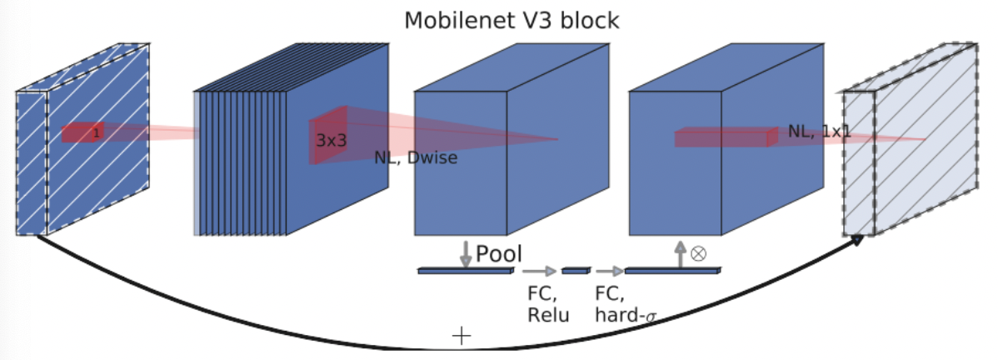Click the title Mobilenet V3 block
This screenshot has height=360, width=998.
tap(511, 20)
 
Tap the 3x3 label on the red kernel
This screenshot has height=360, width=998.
tap(331, 140)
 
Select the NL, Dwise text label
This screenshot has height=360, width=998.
tap(416, 157)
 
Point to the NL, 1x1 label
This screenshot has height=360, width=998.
tap(819, 132)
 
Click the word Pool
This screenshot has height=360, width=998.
tap(499, 254)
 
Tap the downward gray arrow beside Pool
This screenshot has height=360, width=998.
tap(466, 254)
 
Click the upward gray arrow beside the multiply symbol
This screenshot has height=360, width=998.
tap(681, 254)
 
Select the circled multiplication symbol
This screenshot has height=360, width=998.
tap(698, 253)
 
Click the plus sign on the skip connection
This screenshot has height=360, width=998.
tap(462, 336)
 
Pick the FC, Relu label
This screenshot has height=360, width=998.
tap(548, 303)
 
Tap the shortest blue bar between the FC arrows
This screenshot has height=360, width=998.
tap(576, 271)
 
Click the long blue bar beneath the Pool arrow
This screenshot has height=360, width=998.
tap(466, 271)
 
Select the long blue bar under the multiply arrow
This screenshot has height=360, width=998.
tap(673, 271)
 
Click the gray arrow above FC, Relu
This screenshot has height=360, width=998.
tap(540, 272)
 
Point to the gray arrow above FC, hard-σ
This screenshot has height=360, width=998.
tap(609, 272)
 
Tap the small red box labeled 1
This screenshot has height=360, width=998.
tap(82, 132)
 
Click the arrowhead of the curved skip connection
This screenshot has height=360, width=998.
tap(856, 240)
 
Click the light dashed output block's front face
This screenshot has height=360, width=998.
tap(859, 163)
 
